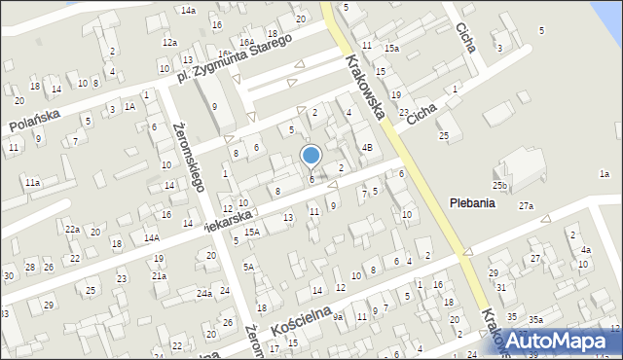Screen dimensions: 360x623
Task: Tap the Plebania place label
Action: (472, 203)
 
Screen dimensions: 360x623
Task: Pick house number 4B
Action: (367, 147)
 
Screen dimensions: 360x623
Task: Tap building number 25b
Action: (500, 185)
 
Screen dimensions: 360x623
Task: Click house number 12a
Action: (169, 43)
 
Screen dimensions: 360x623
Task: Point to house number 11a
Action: (33, 182)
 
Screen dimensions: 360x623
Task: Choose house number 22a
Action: (72, 229)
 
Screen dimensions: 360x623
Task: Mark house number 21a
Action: (158, 275)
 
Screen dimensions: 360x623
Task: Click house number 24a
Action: (203, 293)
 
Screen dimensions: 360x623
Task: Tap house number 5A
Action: (249, 267)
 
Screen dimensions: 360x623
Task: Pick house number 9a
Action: (338, 317)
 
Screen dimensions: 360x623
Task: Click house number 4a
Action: (585, 250)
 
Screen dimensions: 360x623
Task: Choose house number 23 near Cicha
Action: (404, 112)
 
